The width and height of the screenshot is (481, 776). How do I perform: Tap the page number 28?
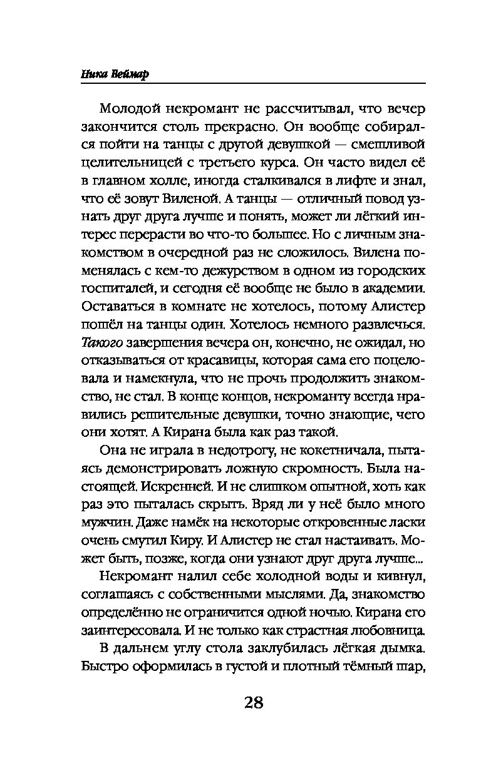pos(253,702)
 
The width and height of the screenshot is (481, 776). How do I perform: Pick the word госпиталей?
pos(118,289)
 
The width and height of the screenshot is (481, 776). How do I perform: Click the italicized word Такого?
pos(103,343)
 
